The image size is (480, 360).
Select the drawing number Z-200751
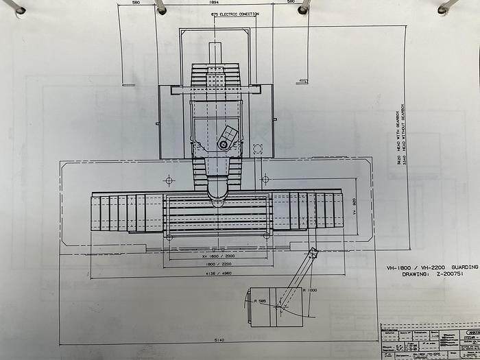point(433,274)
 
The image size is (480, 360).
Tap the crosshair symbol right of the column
point(265,179)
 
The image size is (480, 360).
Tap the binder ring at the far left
point(14,7)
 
